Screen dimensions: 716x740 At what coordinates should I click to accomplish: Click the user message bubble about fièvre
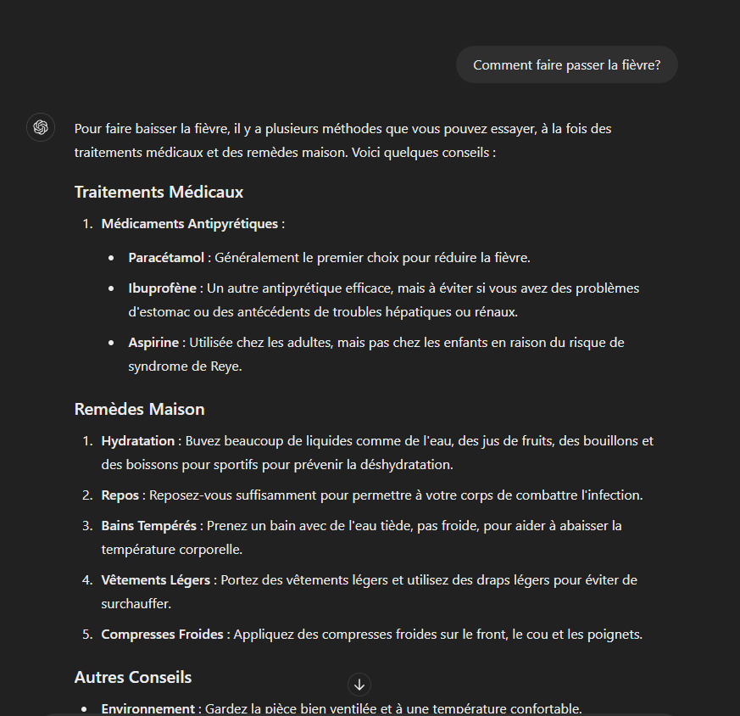566,65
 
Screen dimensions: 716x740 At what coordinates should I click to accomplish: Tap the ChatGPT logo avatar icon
40,127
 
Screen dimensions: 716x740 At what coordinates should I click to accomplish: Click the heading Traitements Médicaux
159,193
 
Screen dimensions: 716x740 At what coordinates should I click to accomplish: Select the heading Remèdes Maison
139,410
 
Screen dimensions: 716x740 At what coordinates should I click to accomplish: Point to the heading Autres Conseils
133,678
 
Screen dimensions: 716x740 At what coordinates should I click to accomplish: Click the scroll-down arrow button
359,685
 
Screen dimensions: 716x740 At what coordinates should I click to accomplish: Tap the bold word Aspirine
153,343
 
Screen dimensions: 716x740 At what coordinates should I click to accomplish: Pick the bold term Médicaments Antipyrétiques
189,224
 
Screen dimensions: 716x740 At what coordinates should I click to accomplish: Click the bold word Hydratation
138,441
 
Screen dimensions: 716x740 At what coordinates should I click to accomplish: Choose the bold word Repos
120,495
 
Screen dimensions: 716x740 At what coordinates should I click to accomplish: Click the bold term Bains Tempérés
148,526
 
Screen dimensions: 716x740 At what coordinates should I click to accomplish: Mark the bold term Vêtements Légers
155,580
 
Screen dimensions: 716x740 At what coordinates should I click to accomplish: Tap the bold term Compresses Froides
162,635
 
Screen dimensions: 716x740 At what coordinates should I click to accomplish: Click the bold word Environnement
147,709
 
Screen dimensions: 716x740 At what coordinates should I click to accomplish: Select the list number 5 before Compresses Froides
86,635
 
